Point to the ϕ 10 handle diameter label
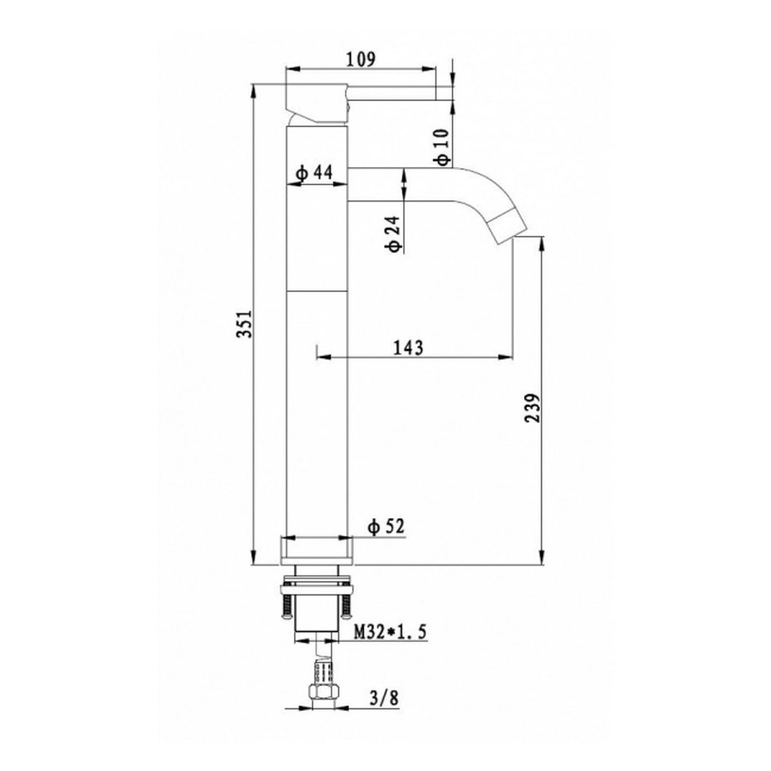[x=440, y=147]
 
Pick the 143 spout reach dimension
[x=409, y=347]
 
